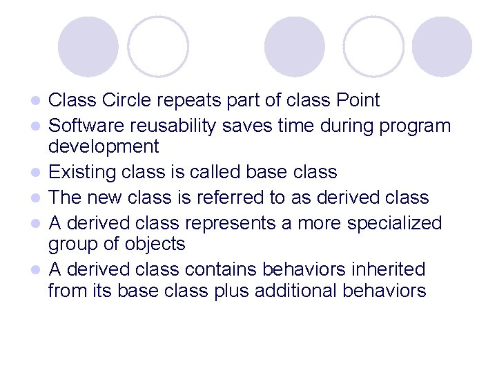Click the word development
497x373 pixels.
click(x=104, y=146)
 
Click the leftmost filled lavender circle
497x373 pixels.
click(x=88, y=46)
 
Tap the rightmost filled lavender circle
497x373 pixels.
click(x=442, y=46)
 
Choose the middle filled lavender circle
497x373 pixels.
click(x=295, y=46)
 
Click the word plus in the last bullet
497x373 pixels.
click(x=231, y=291)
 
